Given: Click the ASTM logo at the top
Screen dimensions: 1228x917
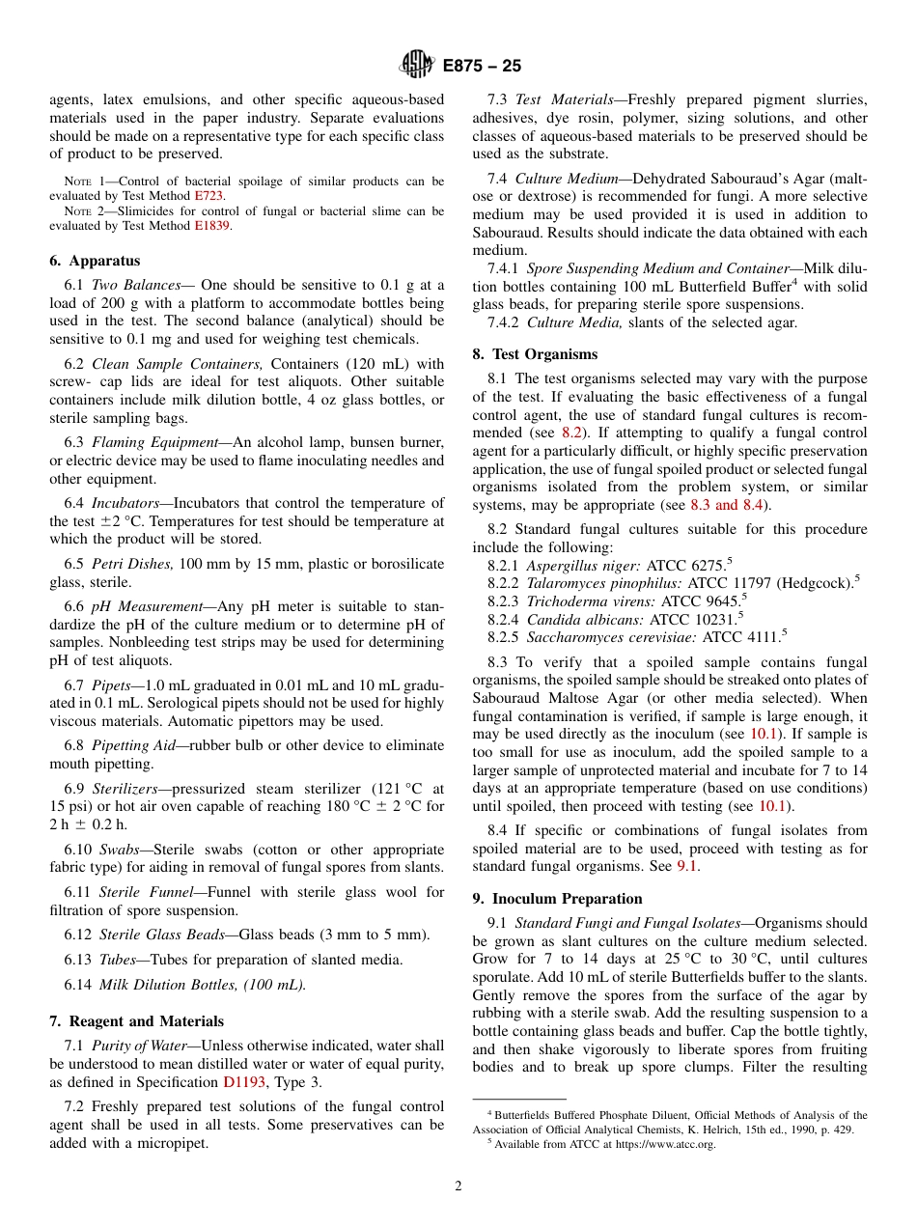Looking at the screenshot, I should click(x=417, y=65).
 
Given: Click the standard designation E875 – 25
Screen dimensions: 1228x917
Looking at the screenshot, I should click(x=482, y=66).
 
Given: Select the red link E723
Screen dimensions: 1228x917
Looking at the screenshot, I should click(x=209, y=195).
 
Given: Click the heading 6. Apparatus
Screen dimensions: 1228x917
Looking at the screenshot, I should click(x=95, y=261).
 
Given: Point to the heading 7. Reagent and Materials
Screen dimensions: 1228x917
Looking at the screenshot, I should click(x=136, y=1021).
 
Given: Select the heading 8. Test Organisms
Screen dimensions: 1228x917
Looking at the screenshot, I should click(x=534, y=354).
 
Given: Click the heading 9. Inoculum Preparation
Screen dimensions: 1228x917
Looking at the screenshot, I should click(x=557, y=899).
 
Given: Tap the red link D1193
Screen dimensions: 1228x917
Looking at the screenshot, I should click(x=244, y=1082).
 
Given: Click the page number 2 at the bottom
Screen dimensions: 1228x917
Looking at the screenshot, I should click(x=458, y=1186).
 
